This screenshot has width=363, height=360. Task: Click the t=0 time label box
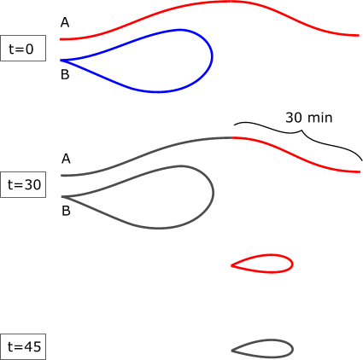coord(23,48)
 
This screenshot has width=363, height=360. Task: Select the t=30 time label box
coord(23,184)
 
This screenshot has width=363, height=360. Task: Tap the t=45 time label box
coord(23,346)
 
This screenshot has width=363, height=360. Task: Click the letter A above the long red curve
coord(65,22)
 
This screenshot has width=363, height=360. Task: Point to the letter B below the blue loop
coord(65,74)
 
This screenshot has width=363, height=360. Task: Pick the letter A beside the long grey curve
coord(66,159)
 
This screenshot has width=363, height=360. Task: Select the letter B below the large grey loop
coord(66,211)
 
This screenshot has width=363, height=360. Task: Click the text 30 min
coord(309,118)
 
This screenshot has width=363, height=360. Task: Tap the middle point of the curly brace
coord(302,131)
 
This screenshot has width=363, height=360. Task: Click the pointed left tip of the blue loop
coord(61,61)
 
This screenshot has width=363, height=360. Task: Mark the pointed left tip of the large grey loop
coord(61,196)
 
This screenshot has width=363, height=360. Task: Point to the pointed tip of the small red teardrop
coord(231,265)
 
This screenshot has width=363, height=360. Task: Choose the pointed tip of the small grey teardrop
coord(231,351)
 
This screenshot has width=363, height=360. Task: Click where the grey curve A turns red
coord(232,137)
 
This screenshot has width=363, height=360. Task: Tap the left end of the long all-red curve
coord(60,39)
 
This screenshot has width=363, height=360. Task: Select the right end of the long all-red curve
coord(360,35)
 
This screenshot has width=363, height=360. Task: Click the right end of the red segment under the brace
coord(360,171)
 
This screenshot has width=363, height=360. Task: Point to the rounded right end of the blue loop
coord(213,56)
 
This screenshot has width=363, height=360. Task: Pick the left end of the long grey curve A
coord(61,176)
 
